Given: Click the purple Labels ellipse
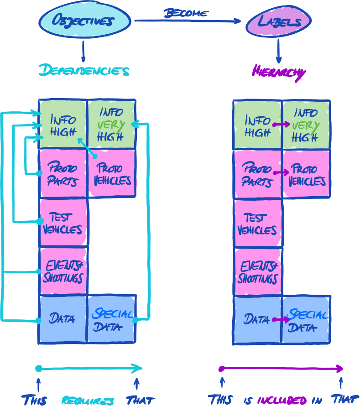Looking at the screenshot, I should [x=278, y=22].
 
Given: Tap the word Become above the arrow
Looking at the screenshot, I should [x=186, y=13].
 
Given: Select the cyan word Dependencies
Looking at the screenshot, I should [x=84, y=71].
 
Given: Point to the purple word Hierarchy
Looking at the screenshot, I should [x=278, y=72].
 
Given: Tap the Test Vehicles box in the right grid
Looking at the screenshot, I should [x=257, y=224].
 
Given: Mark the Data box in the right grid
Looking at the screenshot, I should [x=257, y=319].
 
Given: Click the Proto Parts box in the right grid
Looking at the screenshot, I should [x=257, y=174].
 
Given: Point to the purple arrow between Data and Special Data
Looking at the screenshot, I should [x=280, y=320].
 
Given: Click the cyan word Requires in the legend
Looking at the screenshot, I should [x=88, y=401].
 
